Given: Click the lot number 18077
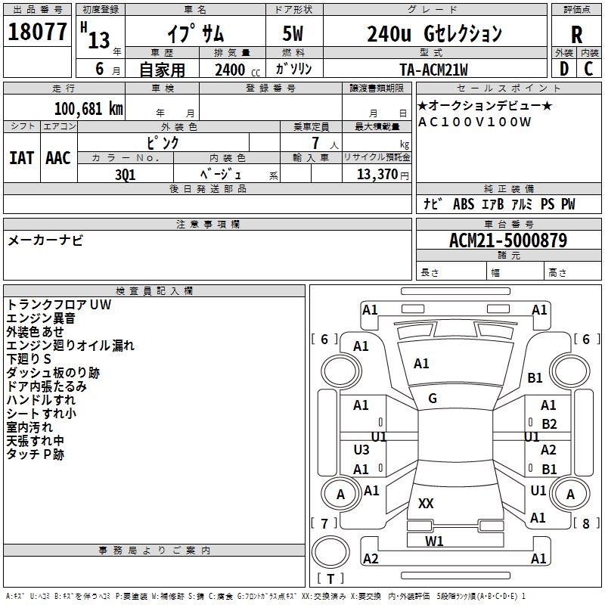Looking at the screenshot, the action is [x=37, y=33].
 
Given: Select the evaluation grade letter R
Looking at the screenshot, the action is [x=577, y=35].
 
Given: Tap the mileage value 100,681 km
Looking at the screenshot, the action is [x=88, y=108].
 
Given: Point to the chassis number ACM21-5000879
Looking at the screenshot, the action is [x=508, y=240].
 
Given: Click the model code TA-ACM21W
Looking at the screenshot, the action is [x=434, y=70].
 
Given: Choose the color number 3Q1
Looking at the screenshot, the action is [x=126, y=173].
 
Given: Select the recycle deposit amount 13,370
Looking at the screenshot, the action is [x=377, y=174].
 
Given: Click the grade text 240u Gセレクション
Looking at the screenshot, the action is [x=434, y=34].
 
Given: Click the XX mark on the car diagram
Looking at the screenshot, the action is [x=426, y=504].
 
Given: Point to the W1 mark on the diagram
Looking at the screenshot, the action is [x=434, y=541].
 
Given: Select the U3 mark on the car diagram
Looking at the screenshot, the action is [x=361, y=450].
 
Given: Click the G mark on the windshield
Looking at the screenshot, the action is [x=432, y=399].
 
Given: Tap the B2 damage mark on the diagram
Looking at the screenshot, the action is [x=549, y=424].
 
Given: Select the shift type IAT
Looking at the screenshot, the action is [x=21, y=157].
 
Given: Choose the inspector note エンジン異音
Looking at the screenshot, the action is [x=41, y=318].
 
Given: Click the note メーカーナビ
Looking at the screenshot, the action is [x=45, y=240].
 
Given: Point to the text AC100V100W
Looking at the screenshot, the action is [x=475, y=122].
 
